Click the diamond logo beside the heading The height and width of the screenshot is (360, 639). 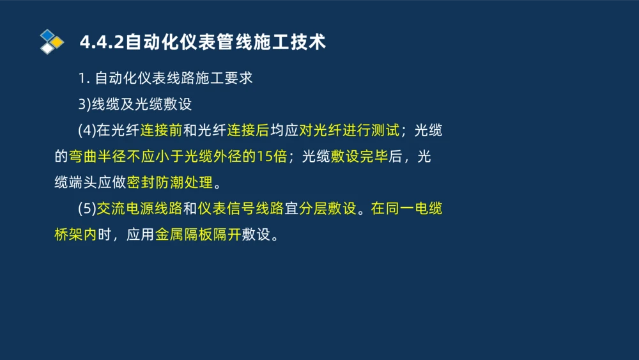pyautogui.click(x=51, y=42)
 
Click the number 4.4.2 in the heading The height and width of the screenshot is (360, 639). pyautogui.click(x=102, y=42)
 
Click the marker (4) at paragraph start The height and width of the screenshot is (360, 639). pyautogui.click(x=86, y=130)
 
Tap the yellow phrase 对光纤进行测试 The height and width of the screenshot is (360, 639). pyautogui.click(x=349, y=130)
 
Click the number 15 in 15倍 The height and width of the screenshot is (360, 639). pyautogui.click(x=265, y=157)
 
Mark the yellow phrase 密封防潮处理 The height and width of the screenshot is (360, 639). pyautogui.click(x=169, y=183)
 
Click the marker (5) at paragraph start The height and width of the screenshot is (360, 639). pyautogui.click(x=86, y=209)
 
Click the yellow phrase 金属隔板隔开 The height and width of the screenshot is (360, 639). pyautogui.click(x=198, y=235)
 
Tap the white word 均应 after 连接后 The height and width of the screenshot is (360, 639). pyautogui.click(x=284, y=130)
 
